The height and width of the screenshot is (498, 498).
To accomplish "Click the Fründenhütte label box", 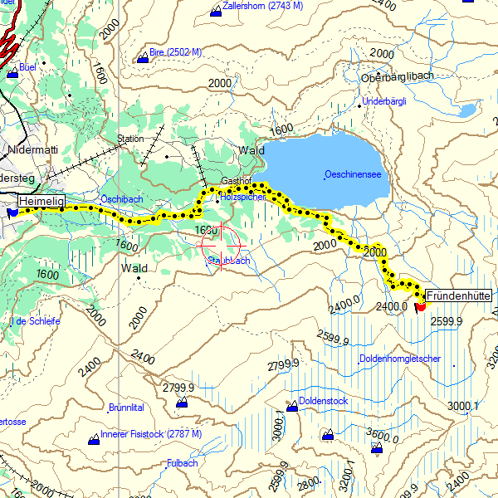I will tap(459, 295).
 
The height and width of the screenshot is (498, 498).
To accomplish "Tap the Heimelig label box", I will tap(41, 202).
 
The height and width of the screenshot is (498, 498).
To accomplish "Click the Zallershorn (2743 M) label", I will tap(262, 6).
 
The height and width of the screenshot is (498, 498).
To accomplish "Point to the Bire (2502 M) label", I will tap(175, 53).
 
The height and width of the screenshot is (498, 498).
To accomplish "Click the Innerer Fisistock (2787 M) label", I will tap(150, 434).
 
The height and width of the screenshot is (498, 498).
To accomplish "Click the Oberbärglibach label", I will tap(398, 77).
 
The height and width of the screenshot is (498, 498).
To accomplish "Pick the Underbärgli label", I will tap(384, 101).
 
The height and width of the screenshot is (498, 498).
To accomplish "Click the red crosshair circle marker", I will tap(221, 244).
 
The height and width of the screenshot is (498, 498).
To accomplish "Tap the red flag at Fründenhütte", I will tap(420, 305).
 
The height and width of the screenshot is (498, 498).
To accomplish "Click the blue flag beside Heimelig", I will tap(12, 212).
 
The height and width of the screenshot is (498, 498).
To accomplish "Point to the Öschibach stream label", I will tap(122, 199).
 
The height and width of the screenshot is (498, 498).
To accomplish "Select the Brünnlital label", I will tap(126, 408).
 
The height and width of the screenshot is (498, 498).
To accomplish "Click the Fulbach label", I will tap(182, 463).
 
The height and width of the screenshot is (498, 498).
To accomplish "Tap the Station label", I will tap(130, 139).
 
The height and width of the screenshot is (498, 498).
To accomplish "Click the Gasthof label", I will tap(236, 180).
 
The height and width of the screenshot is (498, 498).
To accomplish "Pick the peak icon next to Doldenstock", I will tap(291, 406).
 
